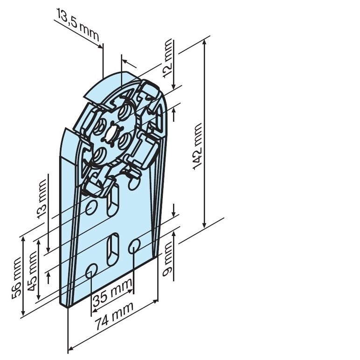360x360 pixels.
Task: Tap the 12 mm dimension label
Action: point(167,58)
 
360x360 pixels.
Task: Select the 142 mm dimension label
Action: point(197,146)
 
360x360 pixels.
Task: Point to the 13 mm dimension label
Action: point(42,199)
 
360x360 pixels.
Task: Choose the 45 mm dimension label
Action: point(32,271)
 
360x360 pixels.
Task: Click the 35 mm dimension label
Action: point(112,293)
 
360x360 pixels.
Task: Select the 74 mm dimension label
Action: point(114,315)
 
